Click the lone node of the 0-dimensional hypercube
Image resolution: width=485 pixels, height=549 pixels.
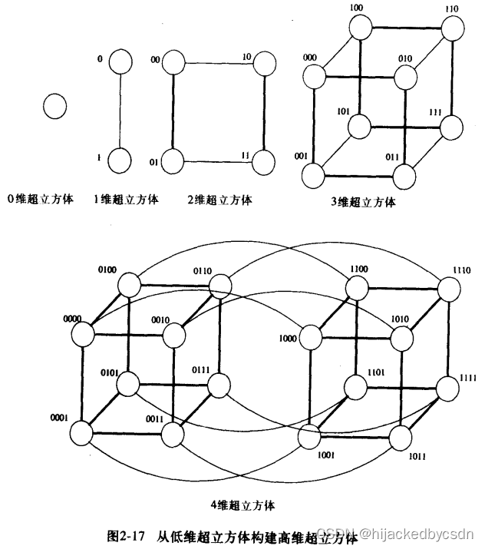[x=54, y=107]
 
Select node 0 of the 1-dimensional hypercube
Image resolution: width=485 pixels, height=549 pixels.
[x=120, y=62]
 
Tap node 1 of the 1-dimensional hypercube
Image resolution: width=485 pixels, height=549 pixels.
[x=120, y=161]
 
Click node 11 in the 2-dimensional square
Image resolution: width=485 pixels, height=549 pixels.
[x=262, y=161]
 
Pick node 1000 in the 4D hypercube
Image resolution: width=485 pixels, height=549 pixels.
[x=310, y=336]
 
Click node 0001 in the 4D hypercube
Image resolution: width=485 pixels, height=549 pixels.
[x=81, y=434]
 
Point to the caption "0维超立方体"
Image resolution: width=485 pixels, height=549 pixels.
[x=41, y=199]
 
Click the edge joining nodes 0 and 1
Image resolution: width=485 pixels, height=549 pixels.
[x=120, y=112]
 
